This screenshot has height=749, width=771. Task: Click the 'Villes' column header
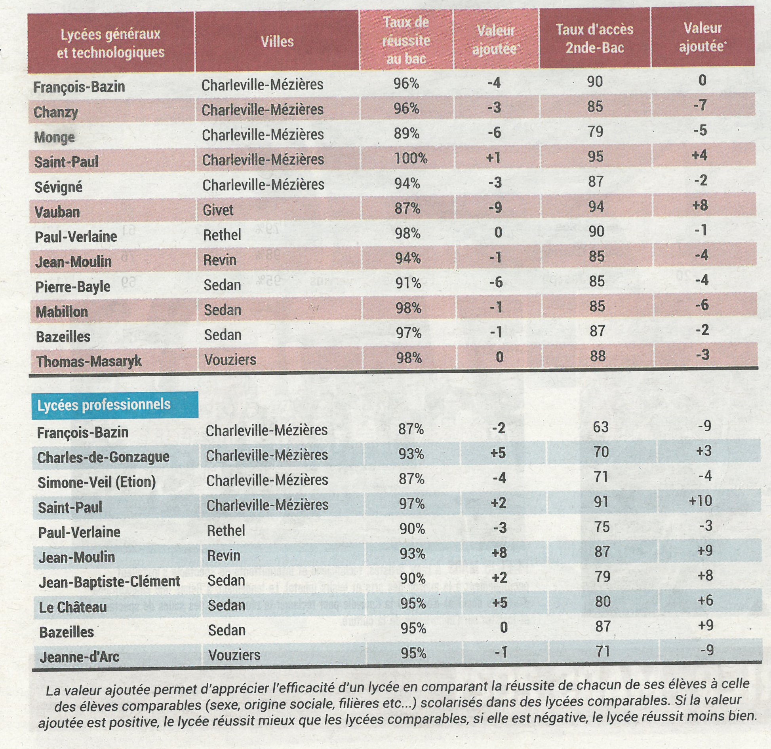(x=277, y=42)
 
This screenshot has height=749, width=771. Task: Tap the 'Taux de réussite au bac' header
(x=406, y=40)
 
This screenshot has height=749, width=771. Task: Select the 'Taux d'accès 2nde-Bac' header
(x=594, y=38)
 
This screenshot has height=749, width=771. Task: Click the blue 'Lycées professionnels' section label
(x=104, y=404)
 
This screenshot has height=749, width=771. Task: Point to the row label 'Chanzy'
(x=56, y=112)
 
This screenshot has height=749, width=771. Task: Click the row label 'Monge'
(x=54, y=137)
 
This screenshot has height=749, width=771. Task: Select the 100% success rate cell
(x=411, y=158)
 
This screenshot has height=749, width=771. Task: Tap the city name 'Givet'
(x=218, y=210)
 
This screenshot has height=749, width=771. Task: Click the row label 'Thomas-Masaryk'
(x=89, y=362)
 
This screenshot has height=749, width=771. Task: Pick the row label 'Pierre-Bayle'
(x=73, y=287)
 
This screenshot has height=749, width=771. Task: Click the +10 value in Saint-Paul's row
(x=701, y=501)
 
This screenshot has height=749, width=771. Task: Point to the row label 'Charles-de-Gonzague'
(x=103, y=457)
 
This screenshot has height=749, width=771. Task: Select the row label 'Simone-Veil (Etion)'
(x=97, y=482)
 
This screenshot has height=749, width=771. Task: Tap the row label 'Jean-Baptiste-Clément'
(x=109, y=582)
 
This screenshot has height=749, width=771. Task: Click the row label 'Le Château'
(x=73, y=607)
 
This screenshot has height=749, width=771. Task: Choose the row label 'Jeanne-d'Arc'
(x=79, y=657)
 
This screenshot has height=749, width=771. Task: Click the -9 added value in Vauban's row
(x=495, y=207)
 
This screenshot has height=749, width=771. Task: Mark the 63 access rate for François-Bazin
(x=600, y=427)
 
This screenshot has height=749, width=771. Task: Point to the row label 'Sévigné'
(x=58, y=187)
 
